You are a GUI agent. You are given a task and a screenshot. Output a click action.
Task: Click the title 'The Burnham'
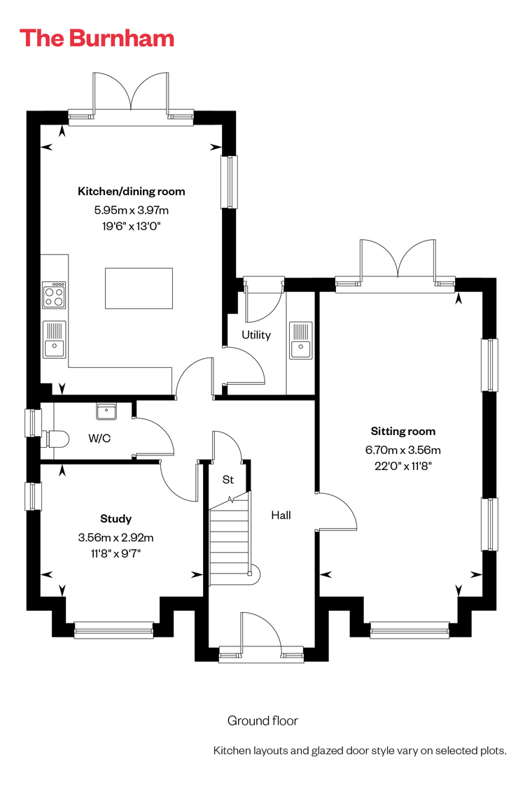tap(97, 38)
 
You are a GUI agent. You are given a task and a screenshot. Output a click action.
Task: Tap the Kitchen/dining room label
tap(131, 191)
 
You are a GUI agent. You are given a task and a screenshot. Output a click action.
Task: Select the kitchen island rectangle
tap(139, 289)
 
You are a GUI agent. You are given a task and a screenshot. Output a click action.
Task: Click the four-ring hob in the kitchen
tap(55, 295)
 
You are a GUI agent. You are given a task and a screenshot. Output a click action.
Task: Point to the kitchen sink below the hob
tap(55, 340)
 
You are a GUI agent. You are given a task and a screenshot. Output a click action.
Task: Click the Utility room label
tap(256, 335)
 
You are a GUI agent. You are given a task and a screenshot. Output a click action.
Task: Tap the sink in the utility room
tap(300, 340)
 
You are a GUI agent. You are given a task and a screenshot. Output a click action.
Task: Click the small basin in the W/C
tap(106, 411)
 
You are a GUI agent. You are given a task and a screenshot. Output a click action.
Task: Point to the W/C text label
tap(99, 438)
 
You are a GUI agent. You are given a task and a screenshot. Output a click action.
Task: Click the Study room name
tap(116, 518)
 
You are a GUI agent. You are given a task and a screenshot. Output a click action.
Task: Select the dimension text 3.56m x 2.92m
tap(116, 537)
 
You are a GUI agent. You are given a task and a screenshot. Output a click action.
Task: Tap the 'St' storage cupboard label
tap(228, 480)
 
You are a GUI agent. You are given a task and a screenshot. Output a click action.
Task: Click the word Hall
tap(281, 515)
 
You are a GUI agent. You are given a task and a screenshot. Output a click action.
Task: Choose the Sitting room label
tap(403, 431)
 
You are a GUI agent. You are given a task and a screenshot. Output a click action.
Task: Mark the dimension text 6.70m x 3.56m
tap(403, 450)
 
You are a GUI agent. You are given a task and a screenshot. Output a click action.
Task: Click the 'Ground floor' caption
tap(262, 721)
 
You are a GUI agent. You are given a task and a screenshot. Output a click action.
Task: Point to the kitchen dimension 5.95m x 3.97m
tap(131, 211)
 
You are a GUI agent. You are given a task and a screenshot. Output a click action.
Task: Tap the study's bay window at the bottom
tap(113, 630)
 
